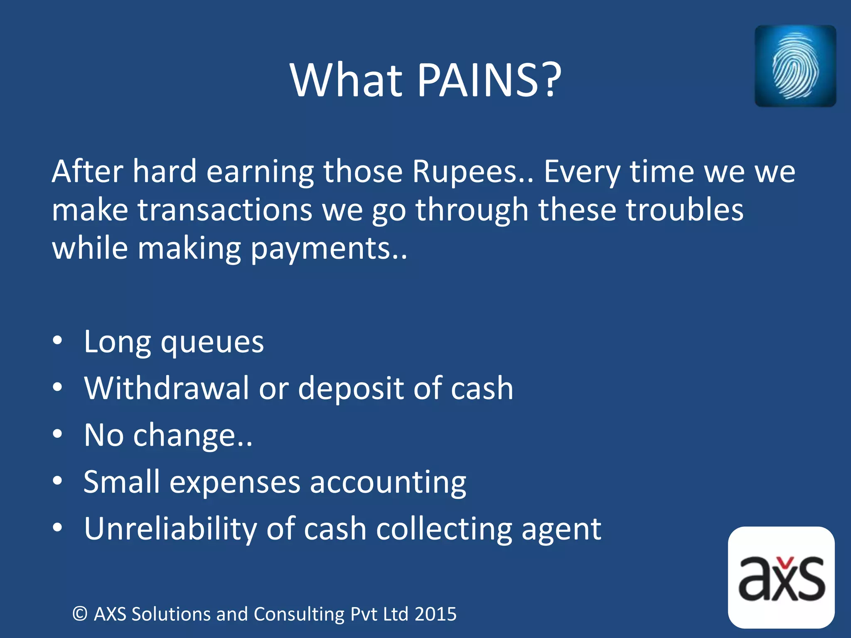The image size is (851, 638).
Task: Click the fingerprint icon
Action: [795, 66]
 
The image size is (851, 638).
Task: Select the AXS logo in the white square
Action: [781, 577]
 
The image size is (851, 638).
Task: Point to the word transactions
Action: [225, 210]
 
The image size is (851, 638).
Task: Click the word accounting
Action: [388, 483]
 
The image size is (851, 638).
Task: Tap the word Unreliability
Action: [170, 529]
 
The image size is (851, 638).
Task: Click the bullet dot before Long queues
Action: [58, 341]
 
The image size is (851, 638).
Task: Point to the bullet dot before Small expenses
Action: [58, 481]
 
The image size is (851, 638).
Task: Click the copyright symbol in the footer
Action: [80, 614]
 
